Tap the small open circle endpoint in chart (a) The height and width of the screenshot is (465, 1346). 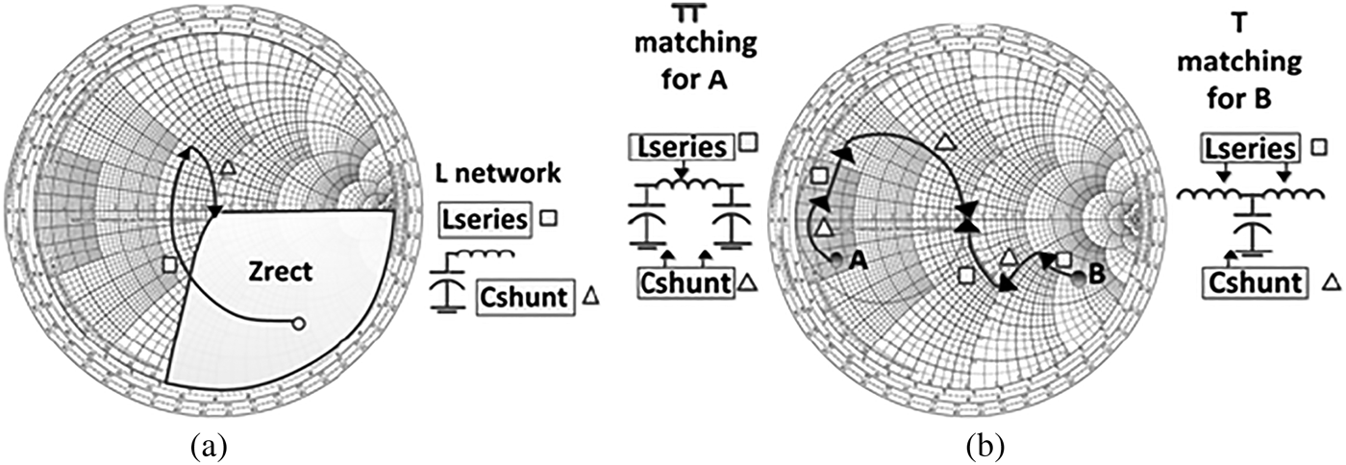coord(298,323)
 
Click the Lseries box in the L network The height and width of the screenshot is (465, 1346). coord(485,220)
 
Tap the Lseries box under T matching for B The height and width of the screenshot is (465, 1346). coord(1247,148)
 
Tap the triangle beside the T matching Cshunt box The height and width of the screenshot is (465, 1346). coord(1332,281)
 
